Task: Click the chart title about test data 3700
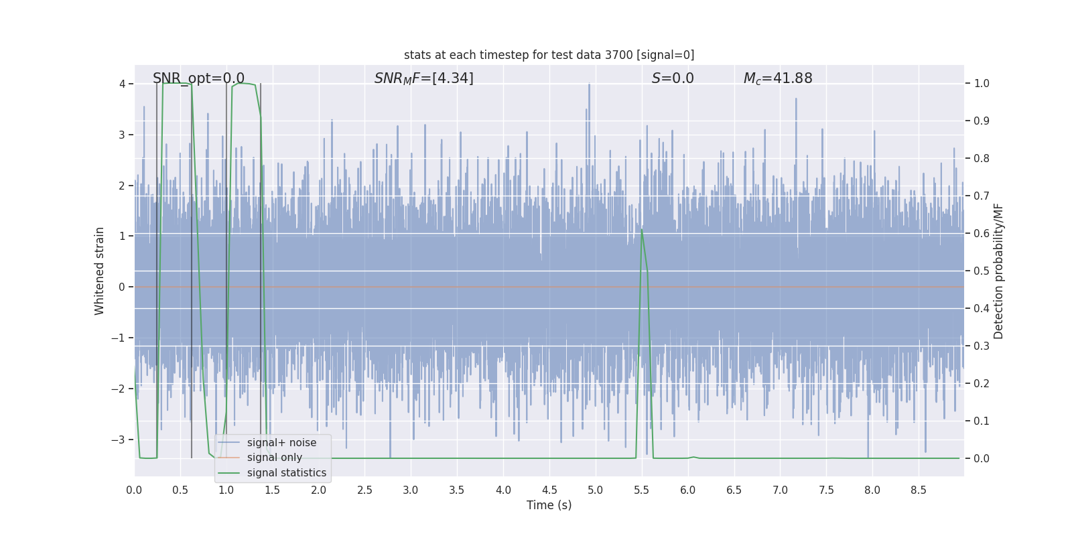tap(549, 55)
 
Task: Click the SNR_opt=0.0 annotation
tap(198, 78)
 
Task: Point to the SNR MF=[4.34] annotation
tap(423, 78)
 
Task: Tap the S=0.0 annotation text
tap(673, 78)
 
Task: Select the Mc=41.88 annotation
tap(778, 78)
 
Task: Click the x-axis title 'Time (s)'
tap(549, 505)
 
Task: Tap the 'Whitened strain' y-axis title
tap(100, 271)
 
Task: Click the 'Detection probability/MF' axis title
tap(998, 271)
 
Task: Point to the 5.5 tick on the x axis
tap(641, 490)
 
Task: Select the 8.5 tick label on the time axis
tap(918, 490)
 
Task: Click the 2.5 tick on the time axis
tap(364, 490)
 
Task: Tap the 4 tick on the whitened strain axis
tap(122, 84)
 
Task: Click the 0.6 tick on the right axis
tap(982, 233)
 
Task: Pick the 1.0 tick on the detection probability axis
tap(982, 84)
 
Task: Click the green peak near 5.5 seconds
tap(642, 230)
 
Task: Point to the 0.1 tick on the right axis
tap(982, 421)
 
